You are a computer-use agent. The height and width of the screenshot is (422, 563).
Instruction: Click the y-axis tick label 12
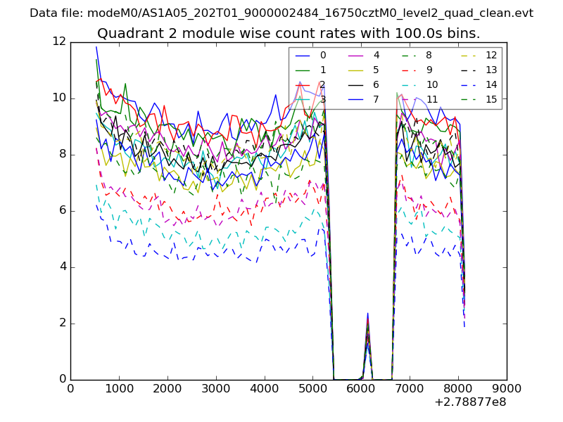[x=58, y=41]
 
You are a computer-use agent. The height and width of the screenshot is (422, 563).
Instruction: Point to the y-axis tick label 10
[x=58, y=98]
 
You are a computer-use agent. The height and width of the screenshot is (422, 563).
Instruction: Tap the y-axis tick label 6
[x=61, y=210]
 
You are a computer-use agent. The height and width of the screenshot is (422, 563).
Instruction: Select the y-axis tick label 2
[x=61, y=323]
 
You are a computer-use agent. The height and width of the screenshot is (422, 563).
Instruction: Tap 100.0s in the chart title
[x=403, y=34]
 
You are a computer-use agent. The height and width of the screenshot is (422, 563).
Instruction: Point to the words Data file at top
[x=53, y=13]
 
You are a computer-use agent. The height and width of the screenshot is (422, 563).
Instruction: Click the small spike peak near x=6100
[x=367, y=314]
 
